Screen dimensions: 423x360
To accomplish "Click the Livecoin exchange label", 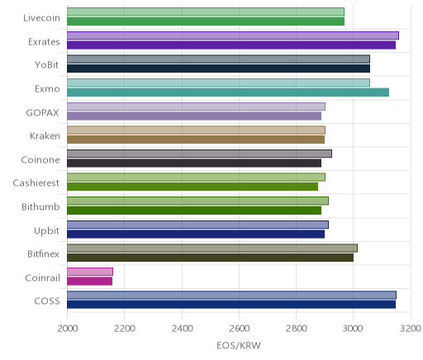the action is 41,18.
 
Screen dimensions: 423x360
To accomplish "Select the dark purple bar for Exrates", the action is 231,45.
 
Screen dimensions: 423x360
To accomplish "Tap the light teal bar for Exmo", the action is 218,83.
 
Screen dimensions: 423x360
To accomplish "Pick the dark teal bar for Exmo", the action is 228,92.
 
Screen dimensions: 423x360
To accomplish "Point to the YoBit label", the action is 47,65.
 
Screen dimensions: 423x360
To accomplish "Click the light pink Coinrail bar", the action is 90,272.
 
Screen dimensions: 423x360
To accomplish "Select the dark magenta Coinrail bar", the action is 89,282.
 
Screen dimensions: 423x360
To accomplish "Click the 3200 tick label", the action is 411,329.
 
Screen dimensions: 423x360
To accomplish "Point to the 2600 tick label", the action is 239,329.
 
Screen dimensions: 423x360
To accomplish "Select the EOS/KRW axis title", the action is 239,345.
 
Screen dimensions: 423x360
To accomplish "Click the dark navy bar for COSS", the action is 231,305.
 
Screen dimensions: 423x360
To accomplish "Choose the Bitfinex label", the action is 43,253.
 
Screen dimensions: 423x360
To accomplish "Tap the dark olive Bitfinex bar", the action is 210,258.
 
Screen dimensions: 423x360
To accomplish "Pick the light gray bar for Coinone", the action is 199,154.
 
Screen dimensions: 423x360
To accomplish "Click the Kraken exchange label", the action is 45,136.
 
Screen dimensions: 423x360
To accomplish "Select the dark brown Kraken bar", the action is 196,140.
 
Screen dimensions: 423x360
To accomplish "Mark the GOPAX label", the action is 42,113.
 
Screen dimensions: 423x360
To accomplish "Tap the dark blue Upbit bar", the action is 196,234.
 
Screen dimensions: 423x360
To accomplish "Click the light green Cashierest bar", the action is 196,178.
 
